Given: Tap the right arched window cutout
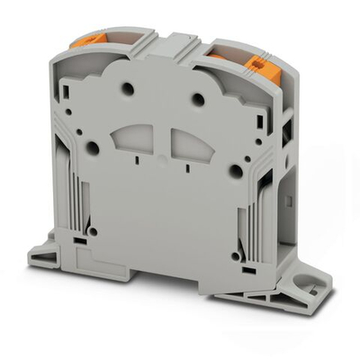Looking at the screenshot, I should click(x=188, y=143).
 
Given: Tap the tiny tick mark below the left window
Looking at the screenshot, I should click(x=137, y=160).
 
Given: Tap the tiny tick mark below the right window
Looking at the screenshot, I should click(x=186, y=167).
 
